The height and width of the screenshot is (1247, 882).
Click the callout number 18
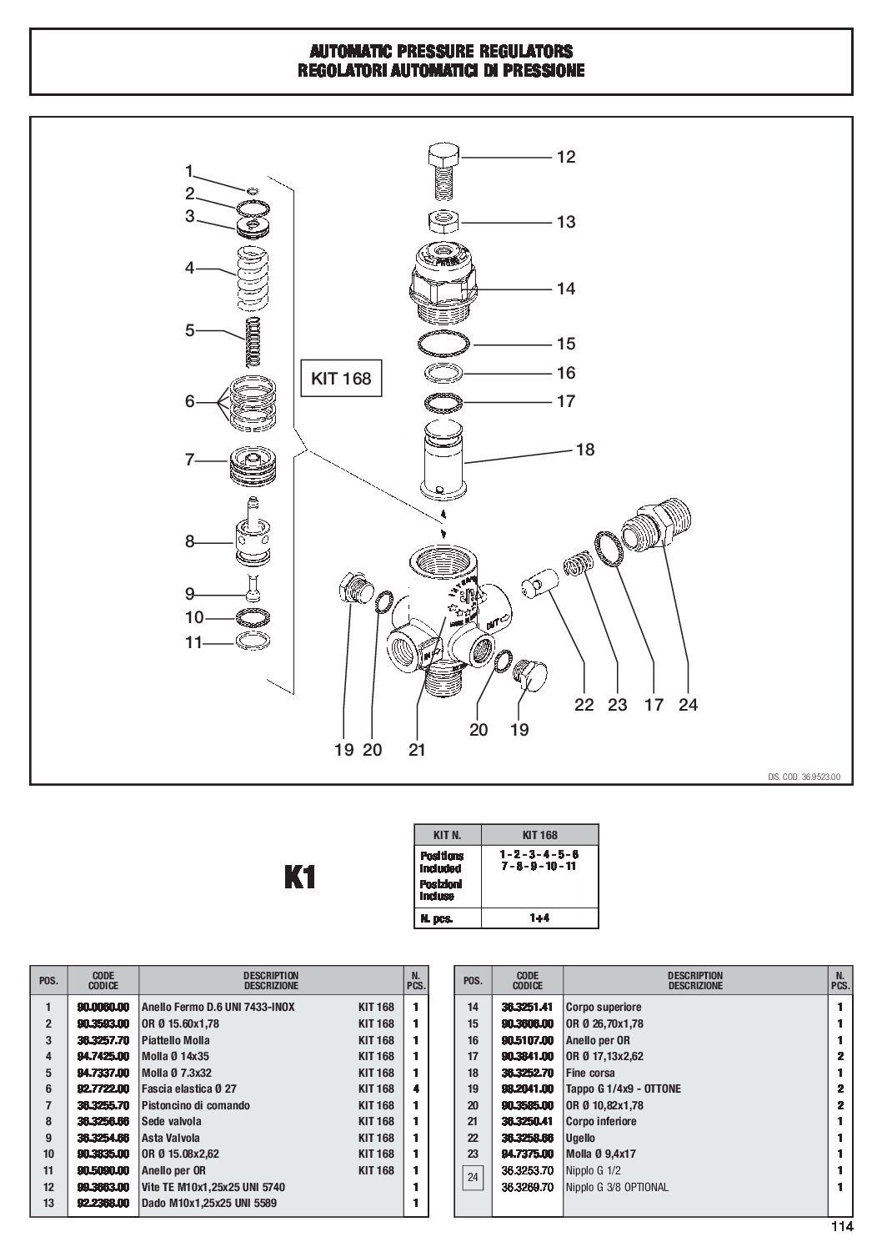pos(585,450)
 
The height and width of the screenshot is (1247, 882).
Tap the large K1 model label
pos(300,877)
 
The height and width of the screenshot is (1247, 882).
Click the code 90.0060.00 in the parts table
pos(105,1007)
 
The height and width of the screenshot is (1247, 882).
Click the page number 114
pos(842,1226)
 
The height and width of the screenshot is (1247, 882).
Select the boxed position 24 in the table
pos(473,1179)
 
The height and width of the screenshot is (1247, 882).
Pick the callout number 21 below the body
pos(417,750)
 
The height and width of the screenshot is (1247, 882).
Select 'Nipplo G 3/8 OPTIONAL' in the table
pos(617,1187)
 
